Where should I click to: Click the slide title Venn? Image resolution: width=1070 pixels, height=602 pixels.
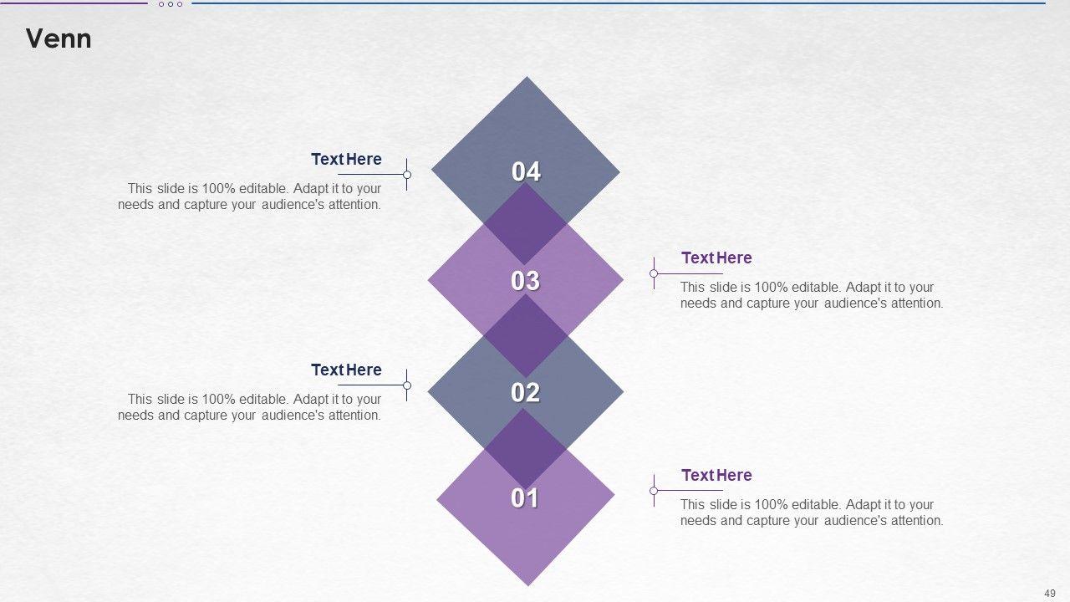coord(59,38)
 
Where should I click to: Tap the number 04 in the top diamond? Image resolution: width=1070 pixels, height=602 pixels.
coord(526,171)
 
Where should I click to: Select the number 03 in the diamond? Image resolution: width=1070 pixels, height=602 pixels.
coord(526,280)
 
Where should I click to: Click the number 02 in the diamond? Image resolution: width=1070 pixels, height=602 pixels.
coord(526,392)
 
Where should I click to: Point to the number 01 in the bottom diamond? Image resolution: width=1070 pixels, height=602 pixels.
coord(525,497)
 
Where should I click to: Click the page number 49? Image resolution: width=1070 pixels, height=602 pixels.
coord(1049,594)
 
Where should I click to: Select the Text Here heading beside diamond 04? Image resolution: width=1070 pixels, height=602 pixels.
coord(346,159)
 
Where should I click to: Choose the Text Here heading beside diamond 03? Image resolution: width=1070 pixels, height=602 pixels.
coord(716,258)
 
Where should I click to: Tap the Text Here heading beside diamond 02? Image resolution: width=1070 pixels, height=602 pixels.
coord(346,370)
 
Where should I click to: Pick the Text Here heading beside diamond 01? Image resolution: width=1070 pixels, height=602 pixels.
coord(716,476)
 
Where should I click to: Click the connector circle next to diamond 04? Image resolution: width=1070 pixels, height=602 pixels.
coord(407,175)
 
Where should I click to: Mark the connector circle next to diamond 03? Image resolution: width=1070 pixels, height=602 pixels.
coord(654,273)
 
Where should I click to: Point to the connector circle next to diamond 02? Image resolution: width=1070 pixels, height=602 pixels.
coord(407,385)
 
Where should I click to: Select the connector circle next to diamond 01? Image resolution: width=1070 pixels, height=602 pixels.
coord(654,491)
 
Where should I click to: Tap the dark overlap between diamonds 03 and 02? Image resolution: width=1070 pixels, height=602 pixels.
coord(526,336)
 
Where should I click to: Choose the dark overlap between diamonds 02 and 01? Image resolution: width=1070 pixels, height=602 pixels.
coord(526,449)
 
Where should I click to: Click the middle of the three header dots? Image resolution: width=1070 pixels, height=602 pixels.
coord(171,4)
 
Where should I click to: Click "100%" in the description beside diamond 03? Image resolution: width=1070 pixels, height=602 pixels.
coord(771,288)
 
